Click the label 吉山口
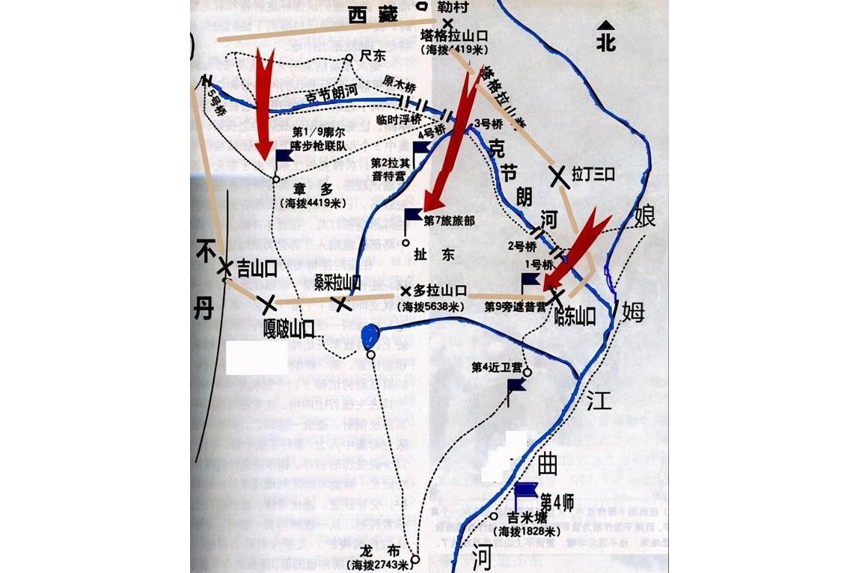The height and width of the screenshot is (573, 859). (x=257, y=268)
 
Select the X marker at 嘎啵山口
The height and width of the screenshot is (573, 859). (x=267, y=303)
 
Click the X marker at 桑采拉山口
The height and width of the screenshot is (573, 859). (x=341, y=303)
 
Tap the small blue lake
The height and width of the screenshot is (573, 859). (x=369, y=337)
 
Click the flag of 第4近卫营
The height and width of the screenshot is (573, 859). (x=515, y=386)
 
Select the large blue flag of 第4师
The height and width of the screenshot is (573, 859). (x=525, y=491)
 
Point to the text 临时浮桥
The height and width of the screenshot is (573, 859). (x=399, y=119)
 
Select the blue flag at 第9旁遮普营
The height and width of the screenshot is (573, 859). (x=530, y=281)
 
